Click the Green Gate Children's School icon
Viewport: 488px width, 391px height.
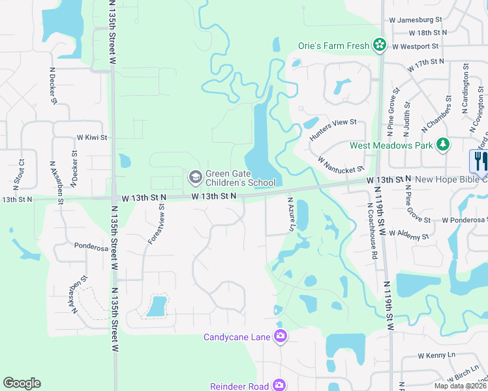click(x=195, y=177)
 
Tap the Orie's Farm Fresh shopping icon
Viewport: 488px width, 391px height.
click(x=379, y=45)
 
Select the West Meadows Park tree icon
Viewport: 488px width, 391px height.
click(x=444, y=144)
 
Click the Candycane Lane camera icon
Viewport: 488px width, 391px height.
click(x=281, y=336)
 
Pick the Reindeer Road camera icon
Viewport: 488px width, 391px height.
click(x=279, y=385)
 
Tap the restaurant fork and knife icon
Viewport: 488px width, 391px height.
click(x=479, y=160)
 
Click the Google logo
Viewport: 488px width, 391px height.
click(x=22, y=383)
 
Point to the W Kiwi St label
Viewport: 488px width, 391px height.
click(x=91, y=138)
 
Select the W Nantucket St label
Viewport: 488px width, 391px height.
click(x=339, y=164)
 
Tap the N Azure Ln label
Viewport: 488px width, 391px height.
click(x=291, y=215)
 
